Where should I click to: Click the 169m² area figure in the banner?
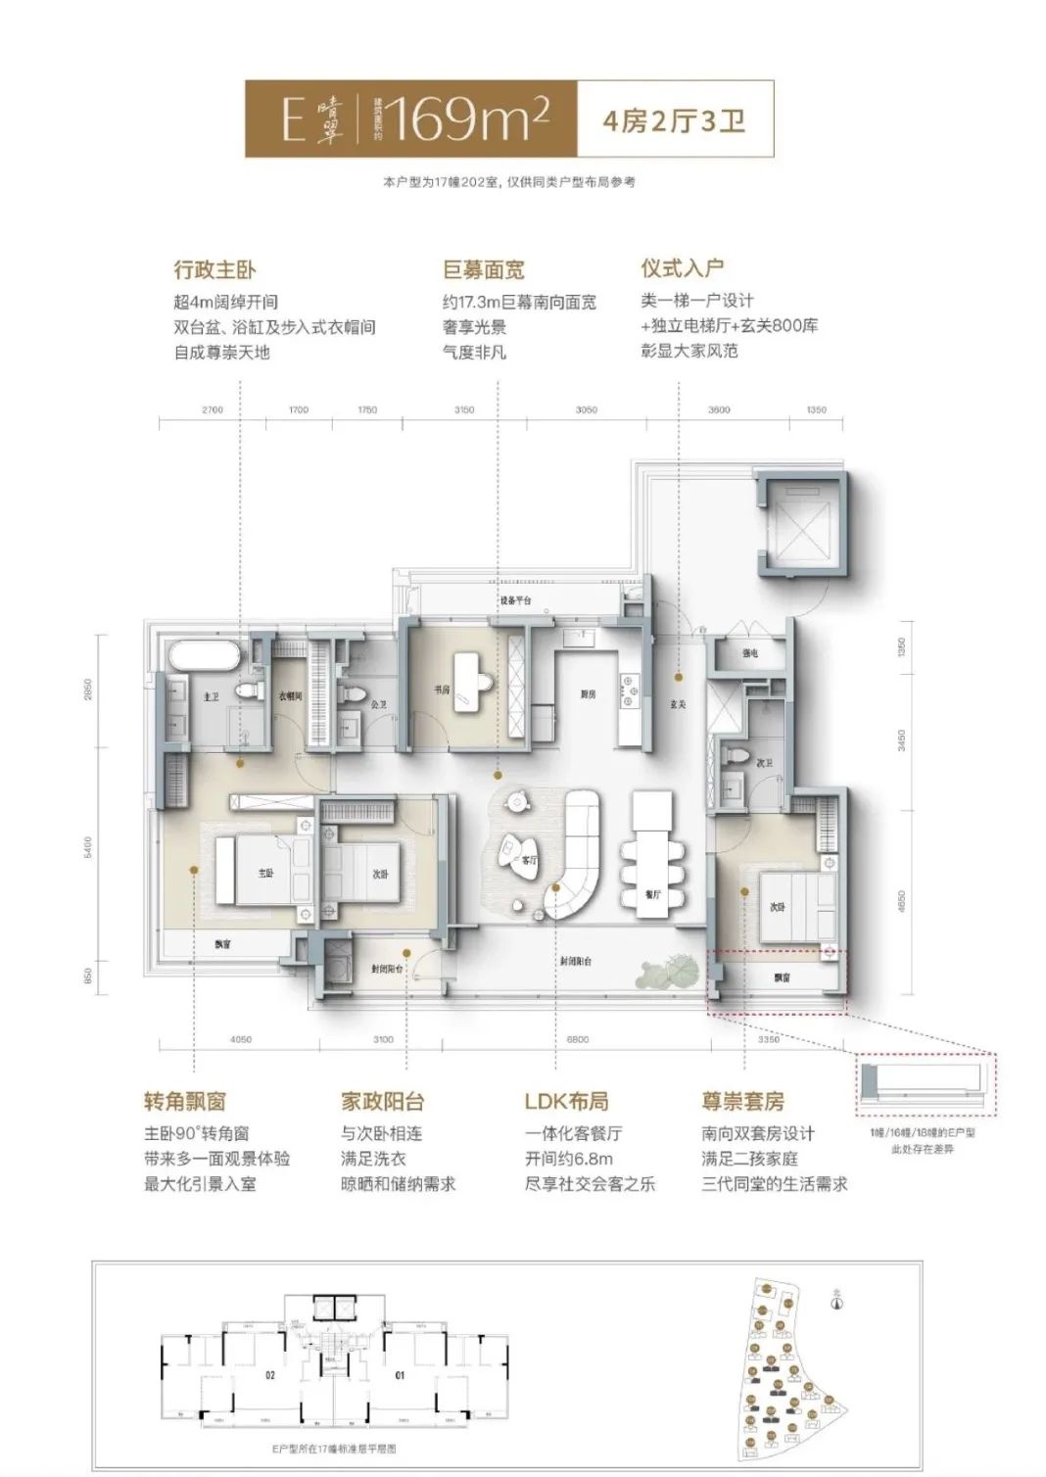click(x=465, y=119)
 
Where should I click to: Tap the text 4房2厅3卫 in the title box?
click(x=675, y=120)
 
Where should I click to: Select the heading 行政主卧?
click(x=214, y=269)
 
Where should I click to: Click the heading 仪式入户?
click(x=682, y=267)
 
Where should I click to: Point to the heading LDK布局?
click(x=566, y=1101)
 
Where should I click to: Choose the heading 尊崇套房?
click(x=742, y=1101)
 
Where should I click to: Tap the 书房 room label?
click(x=442, y=690)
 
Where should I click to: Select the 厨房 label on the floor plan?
click(x=588, y=693)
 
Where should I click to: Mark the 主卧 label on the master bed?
click(x=265, y=872)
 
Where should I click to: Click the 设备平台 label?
click(x=514, y=599)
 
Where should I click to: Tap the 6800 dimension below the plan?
click(x=578, y=1039)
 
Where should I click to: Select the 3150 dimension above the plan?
click(x=464, y=409)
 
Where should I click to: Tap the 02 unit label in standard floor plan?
click(x=270, y=1375)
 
